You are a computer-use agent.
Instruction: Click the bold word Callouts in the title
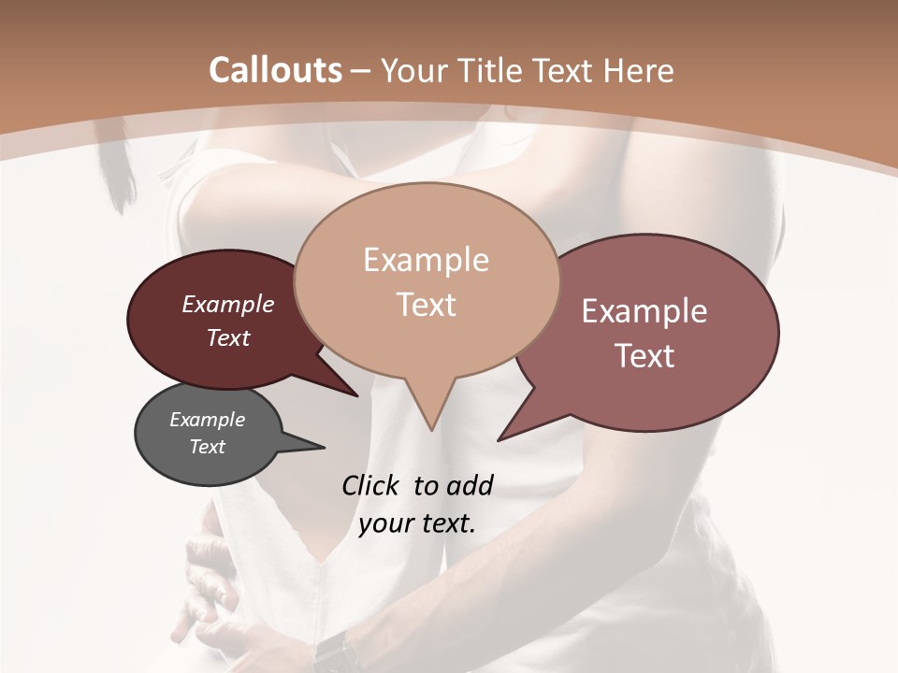(x=275, y=70)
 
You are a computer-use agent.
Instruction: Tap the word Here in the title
(x=639, y=70)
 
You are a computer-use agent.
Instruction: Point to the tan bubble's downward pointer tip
(x=431, y=429)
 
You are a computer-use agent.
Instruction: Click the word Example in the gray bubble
(x=207, y=420)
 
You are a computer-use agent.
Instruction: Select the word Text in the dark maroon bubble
(x=228, y=337)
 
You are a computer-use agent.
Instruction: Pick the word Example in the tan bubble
(x=426, y=260)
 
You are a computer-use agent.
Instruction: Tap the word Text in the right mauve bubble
(x=645, y=356)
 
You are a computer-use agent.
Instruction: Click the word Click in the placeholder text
(x=372, y=485)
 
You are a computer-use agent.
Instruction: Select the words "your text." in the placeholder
(x=417, y=523)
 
